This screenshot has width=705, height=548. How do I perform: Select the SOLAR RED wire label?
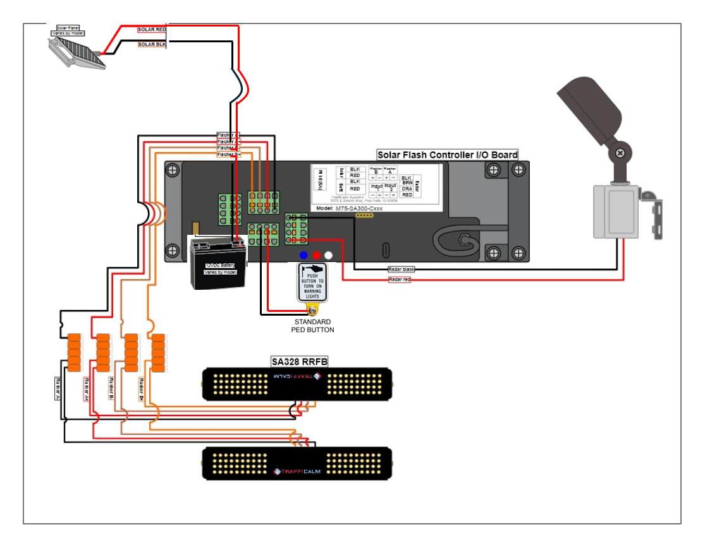click(x=152, y=30)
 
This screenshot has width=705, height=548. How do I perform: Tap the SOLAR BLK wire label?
click(x=152, y=44)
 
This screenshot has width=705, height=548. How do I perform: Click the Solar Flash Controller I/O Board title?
click(x=447, y=155)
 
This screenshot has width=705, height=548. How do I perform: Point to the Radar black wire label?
click(x=402, y=270)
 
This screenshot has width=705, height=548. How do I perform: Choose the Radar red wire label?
click(x=400, y=279)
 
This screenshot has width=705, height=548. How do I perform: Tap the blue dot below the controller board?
click(x=304, y=256)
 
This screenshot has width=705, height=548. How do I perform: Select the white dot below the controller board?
click(x=328, y=256)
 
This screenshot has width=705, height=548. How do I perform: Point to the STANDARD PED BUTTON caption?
click(x=312, y=326)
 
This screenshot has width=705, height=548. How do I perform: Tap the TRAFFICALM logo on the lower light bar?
click(x=298, y=471)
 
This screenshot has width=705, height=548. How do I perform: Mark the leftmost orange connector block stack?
click(x=75, y=351)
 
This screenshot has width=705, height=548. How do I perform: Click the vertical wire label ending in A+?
click(x=85, y=389)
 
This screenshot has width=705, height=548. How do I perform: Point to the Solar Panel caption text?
click(x=68, y=30)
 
